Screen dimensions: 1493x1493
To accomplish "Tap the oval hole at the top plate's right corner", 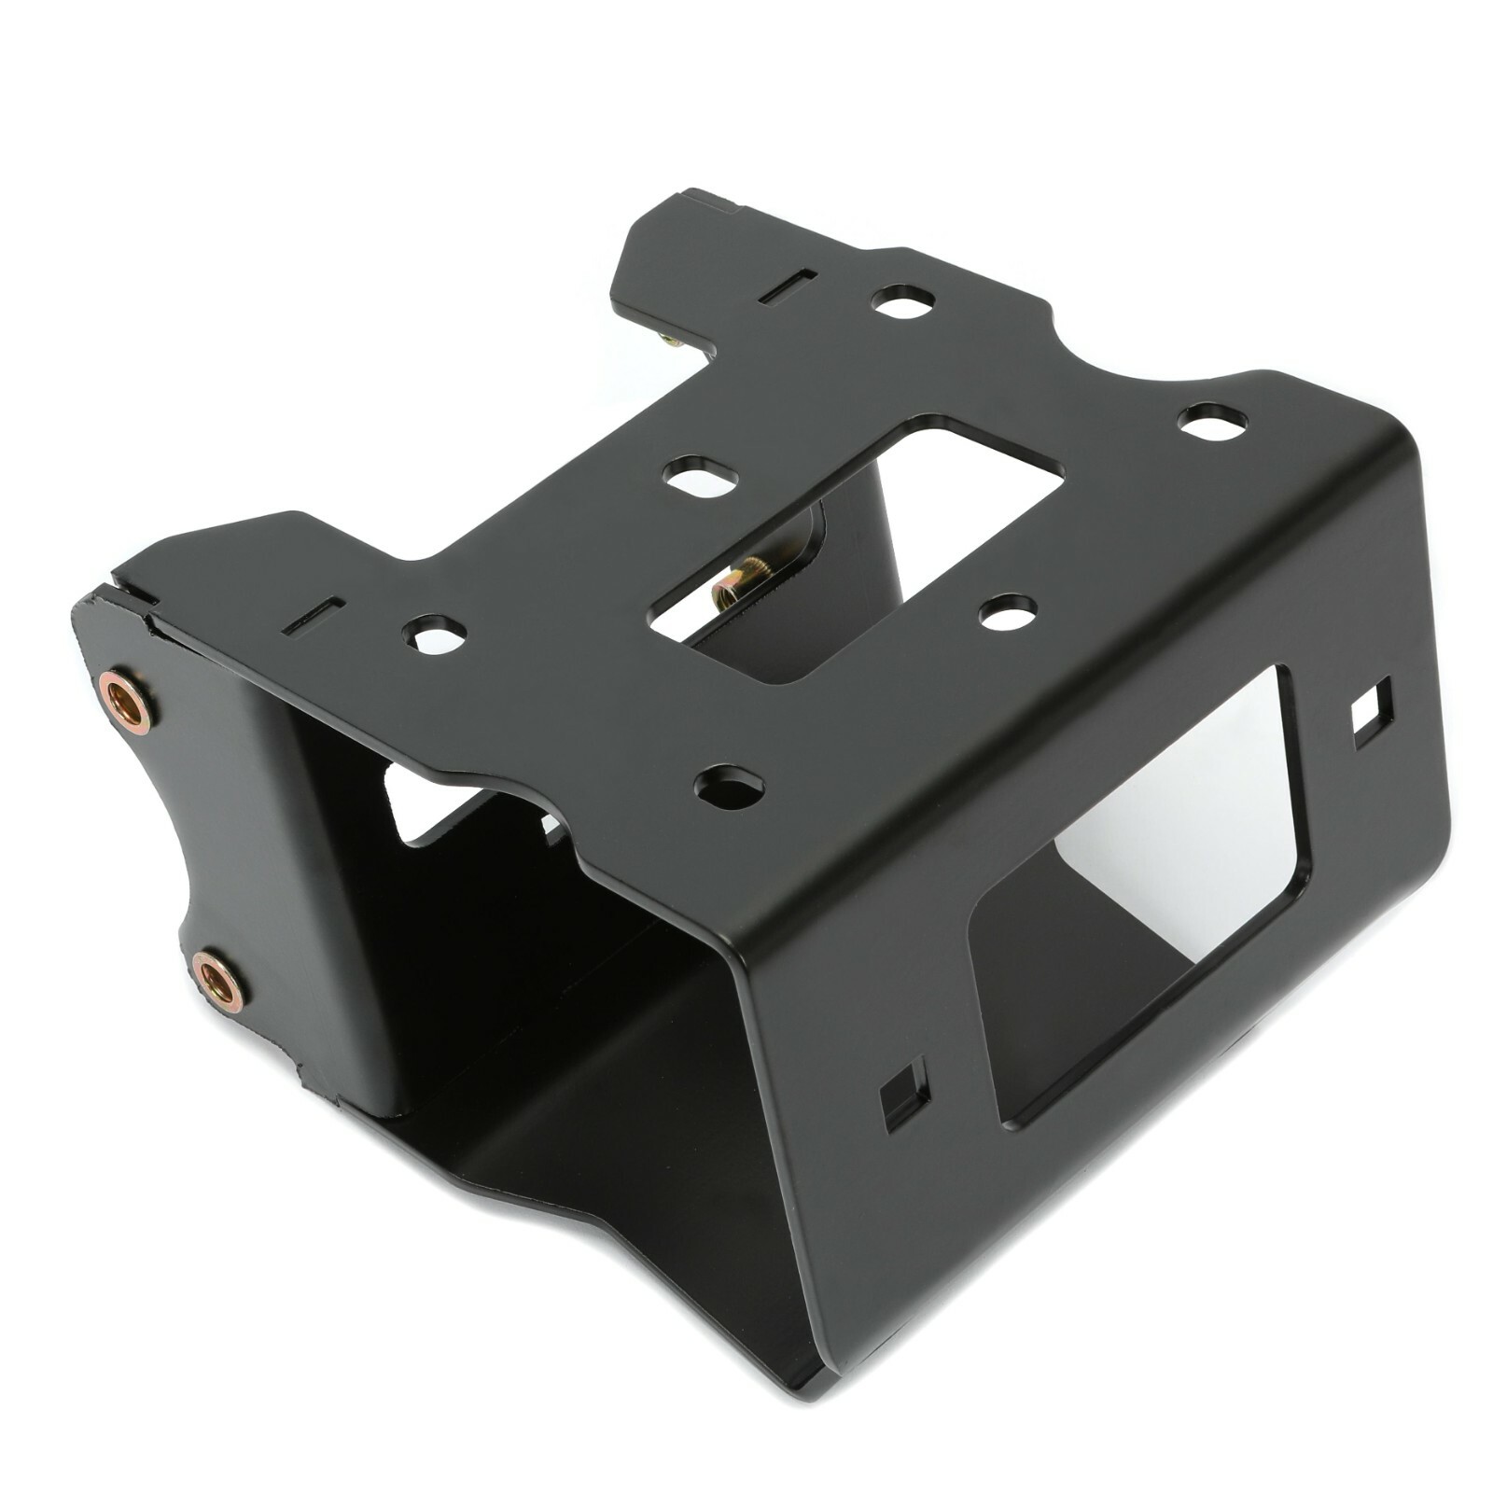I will coord(1212,422).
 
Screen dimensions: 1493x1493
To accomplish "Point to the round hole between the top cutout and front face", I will coord(1009,613).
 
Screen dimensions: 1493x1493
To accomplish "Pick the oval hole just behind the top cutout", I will coord(700,476).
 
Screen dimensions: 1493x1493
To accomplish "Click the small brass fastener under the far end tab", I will coord(669,341).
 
